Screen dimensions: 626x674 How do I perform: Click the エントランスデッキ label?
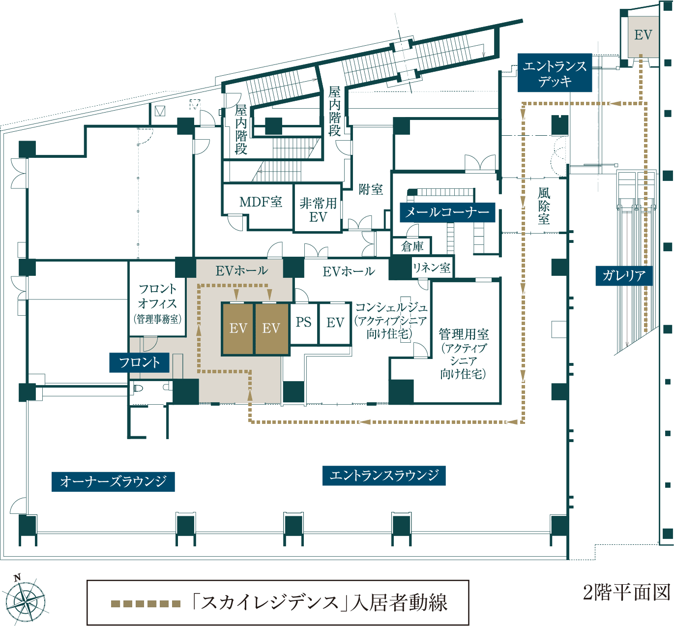click(555, 73)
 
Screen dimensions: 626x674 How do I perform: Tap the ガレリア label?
click(624, 275)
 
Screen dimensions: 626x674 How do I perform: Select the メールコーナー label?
click(447, 212)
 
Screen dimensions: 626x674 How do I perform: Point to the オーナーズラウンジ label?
click(113, 481)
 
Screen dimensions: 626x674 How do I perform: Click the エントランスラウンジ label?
click(384, 476)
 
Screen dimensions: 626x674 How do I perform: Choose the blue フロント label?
click(139, 362)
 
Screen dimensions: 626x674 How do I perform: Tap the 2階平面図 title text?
click(626, 592)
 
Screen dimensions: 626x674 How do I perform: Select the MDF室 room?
click(261, 202)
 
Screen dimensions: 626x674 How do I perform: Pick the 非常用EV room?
click(318, 210)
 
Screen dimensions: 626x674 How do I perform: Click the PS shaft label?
click(303, 322)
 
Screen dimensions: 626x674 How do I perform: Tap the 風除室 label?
click(544, 206)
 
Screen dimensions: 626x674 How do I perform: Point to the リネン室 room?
click(432, 268)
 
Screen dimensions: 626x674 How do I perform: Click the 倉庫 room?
click(412, 246)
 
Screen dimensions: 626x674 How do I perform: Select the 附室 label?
click(371, 189)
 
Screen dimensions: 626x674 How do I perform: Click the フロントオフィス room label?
click(157, 302)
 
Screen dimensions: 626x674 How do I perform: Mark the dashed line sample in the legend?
click(146, 604)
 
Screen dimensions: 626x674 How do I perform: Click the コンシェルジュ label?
click(391, 320)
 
